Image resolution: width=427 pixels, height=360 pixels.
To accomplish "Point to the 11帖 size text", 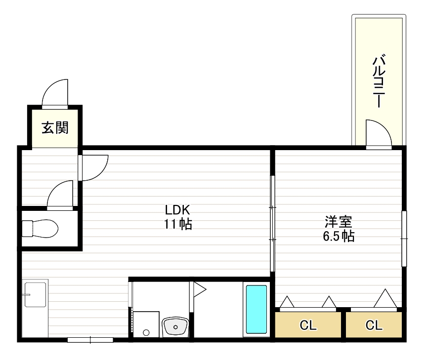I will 178,224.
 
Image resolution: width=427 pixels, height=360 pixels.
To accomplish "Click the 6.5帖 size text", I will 339,236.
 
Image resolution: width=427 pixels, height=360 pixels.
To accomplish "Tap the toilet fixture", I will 41,228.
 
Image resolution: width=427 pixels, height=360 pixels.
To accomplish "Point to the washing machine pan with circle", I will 146,324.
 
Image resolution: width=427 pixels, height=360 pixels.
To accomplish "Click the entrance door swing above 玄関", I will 55,93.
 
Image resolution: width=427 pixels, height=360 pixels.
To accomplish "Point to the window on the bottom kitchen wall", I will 90,340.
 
